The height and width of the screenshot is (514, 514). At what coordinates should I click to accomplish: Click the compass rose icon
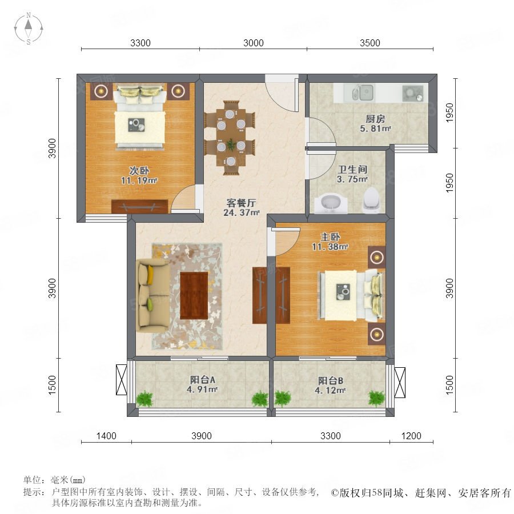coord(29,29)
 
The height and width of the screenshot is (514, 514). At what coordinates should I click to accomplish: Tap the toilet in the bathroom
coord(371,199)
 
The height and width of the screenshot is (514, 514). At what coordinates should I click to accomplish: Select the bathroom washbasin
coord(331,203)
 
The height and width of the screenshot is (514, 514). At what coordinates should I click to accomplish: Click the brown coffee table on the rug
coord(194,295)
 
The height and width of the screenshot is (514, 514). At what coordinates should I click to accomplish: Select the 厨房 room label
coord(375,119)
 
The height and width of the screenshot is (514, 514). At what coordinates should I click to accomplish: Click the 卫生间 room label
coord(352,169)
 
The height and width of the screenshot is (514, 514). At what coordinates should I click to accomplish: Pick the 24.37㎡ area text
coord(241,212)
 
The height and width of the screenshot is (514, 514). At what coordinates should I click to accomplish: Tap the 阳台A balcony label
coord(203,380)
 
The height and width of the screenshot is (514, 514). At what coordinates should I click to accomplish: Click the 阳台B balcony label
coord(331,380)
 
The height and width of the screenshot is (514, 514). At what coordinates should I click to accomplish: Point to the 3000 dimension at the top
coord(254,43)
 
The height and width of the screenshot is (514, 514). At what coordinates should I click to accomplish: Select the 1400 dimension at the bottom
coord(106,436)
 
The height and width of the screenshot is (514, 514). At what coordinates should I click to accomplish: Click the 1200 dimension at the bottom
coord(411,436)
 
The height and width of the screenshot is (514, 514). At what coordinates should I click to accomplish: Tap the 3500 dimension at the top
coord(370,43)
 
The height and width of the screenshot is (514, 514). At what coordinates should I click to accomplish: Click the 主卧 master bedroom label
coord(330,236)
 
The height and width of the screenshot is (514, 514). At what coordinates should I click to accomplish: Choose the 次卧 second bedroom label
coord(139,170)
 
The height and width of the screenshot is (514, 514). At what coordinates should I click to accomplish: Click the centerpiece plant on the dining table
coord(231,143)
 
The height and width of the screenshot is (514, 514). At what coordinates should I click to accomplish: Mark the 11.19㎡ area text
coord(139,180)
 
